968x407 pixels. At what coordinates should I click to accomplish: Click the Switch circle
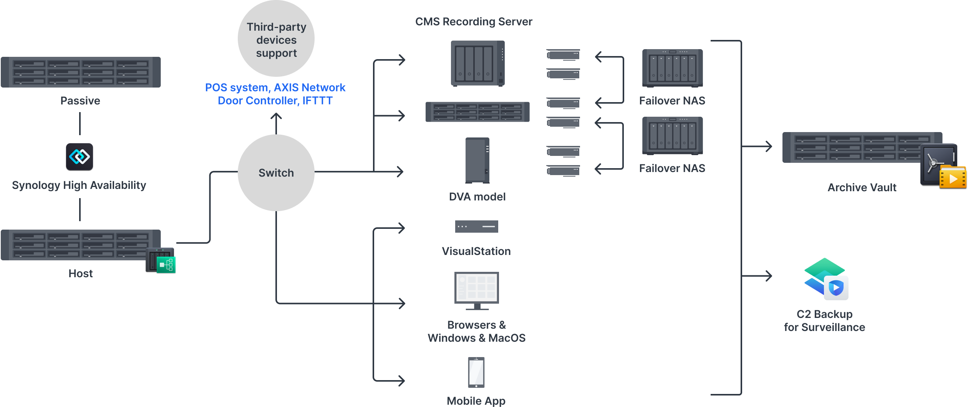pos(276,173)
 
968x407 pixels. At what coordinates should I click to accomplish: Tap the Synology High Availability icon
pos(80,156)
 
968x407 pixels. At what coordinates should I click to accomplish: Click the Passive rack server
pos(81,72)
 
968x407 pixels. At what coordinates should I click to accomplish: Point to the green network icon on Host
pos(166,265)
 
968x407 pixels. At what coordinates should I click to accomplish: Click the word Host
pos(81,273)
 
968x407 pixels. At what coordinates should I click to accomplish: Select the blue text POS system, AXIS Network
pos(275,88)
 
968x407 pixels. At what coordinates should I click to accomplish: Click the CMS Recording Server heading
pos(474,22)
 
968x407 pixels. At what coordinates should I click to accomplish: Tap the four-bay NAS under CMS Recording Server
pos(477,63)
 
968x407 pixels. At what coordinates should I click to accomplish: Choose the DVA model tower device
pos(477,160)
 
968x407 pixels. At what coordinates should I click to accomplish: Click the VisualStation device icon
pos(476,227)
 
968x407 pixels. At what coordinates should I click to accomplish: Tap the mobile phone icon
pos(476,372)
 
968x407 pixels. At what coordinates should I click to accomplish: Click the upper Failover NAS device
pos(672,68)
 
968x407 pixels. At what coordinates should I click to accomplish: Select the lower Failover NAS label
pos(672,168)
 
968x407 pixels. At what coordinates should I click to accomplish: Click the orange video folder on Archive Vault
pos(952,178)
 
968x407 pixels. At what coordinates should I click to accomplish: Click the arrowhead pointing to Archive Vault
pos(769,146)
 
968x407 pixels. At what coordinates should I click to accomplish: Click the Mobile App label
pos(476,401)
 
